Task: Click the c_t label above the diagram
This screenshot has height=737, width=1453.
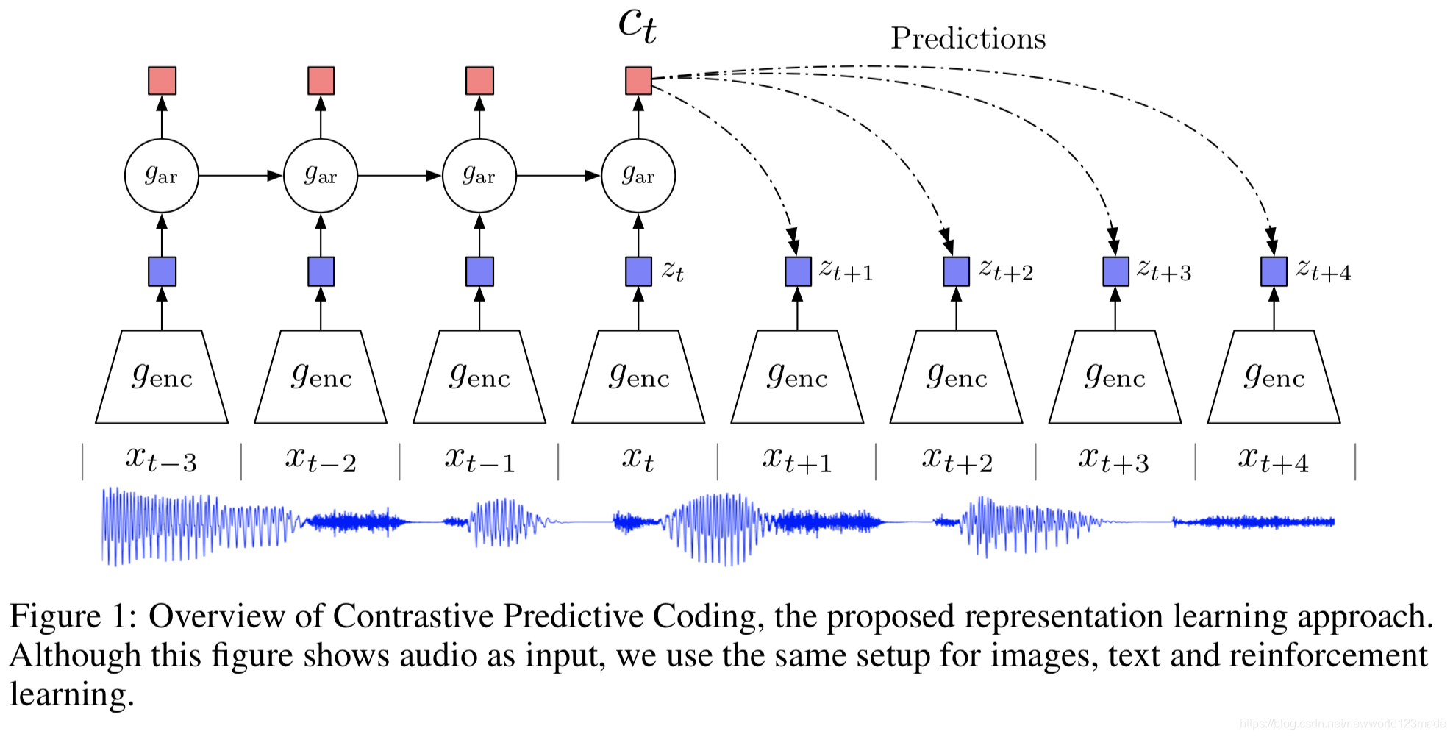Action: tap(637, 25)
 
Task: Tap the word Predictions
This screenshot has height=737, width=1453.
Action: tap(968, 38)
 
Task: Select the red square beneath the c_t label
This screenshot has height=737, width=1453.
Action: tap(638, 81)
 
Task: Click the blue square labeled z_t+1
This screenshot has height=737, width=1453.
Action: tap(798, 271)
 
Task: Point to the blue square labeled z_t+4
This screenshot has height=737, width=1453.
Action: tap(1274, 271)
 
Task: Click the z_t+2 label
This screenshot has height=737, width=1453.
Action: tap(1005, 271)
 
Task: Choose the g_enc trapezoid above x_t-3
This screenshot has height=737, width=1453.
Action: tap(162, 377)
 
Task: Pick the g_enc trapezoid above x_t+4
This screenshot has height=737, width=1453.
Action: tap(1274, 377)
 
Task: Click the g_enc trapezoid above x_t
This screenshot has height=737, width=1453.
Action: tap(638, 377)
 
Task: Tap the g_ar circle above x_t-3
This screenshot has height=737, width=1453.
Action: tap(162, 176)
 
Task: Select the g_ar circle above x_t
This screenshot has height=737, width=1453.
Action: tap(638, 176)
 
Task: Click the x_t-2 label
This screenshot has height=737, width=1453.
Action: tap(321, 460)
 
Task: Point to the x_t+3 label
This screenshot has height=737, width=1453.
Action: tap(1114, 460)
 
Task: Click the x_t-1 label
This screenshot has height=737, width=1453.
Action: tap(479, 460)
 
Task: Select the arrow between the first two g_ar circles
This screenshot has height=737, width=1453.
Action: tap(240, 176)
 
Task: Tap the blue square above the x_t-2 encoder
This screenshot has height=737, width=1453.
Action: tap(321, 271)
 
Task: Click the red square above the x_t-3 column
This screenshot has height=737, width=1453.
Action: tap(162, 81)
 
